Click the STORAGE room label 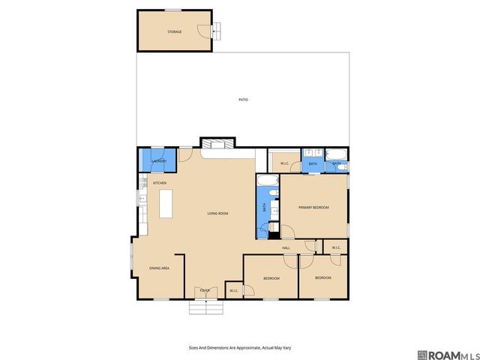point(174,31)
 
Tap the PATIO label point(243,99)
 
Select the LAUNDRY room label point(158,161)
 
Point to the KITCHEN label point(160,183)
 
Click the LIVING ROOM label point(217,214)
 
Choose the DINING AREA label point(159,268)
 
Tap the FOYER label point(204,289)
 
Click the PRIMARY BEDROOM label point(313,207)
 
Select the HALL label point(286,247)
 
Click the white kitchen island point(166,203)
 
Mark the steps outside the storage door point(217,30)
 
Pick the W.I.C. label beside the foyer point(234,290)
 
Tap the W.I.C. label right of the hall point(336,247)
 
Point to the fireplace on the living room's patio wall point(218,143)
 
